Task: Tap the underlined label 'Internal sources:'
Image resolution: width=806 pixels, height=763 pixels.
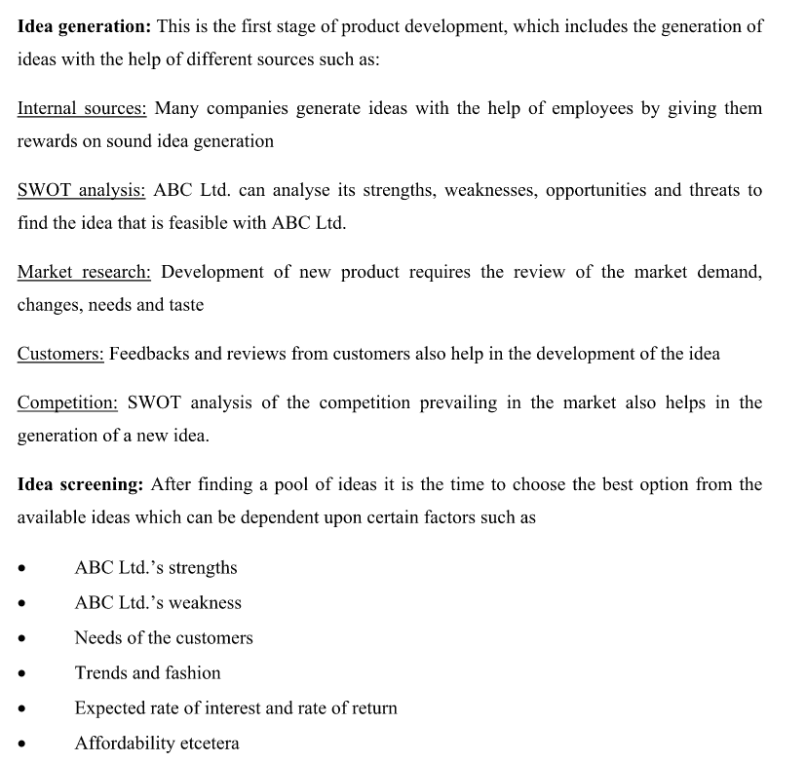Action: click(82, 108)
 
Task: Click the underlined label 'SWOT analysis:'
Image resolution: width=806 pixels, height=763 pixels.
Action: click(82, 190)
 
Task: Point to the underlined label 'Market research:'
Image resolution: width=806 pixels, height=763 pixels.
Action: click(84, 272)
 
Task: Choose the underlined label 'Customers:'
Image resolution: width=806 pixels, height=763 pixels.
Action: click(60, 354)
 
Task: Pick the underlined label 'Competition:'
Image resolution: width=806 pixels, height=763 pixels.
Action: click(67, 402)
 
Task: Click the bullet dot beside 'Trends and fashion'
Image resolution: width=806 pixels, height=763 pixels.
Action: click(22, 674)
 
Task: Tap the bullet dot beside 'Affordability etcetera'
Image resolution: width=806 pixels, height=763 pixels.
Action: click(22, 744)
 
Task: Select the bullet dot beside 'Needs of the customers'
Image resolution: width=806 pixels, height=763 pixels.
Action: click(22, 639)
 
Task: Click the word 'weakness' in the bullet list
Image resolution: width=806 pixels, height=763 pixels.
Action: click(205, 603)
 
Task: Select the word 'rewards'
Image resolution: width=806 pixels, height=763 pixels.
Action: click(48, 141)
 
